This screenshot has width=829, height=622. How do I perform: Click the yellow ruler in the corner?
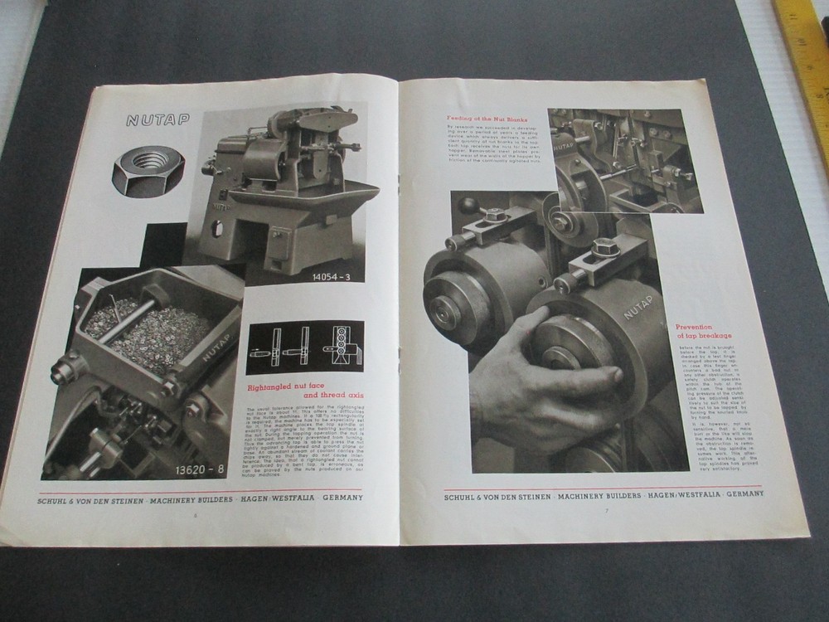805,50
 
